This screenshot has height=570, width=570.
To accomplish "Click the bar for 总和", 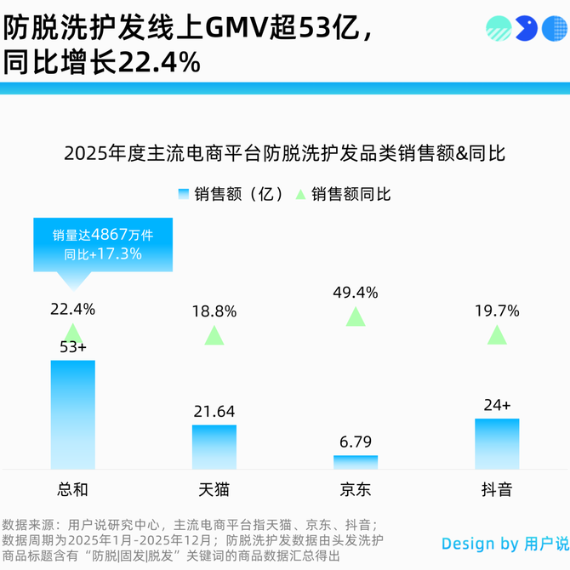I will coord(72,414).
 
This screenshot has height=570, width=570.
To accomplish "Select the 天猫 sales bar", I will coord(214,447).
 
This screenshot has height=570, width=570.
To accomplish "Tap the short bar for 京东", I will coord(356,462).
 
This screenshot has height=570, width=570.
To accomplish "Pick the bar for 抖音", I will coord(497,443).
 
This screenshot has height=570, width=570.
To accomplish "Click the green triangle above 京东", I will coord(356,317).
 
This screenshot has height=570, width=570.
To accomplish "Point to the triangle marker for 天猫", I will coord(214,335).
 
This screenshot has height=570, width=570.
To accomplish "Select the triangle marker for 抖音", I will coord(497,335).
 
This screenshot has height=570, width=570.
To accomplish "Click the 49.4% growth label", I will coord(356,293).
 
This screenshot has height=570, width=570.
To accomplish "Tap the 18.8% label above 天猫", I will coord(214,311).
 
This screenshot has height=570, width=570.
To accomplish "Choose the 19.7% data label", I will coord(497,311).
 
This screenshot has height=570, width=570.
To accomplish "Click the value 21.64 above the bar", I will coord(214,412).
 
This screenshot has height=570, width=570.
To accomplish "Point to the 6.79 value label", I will coord(356,442).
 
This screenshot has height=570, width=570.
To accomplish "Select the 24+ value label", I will coord(497,405).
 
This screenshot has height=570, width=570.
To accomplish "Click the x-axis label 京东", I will coord(356,490).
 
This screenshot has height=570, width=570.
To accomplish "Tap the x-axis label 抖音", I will coord(497,490).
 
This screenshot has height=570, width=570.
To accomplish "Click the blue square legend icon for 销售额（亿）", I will coord(184,194).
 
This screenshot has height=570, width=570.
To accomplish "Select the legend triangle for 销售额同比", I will coord(299,194).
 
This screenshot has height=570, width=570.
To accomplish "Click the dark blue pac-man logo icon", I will coord(528,30).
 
